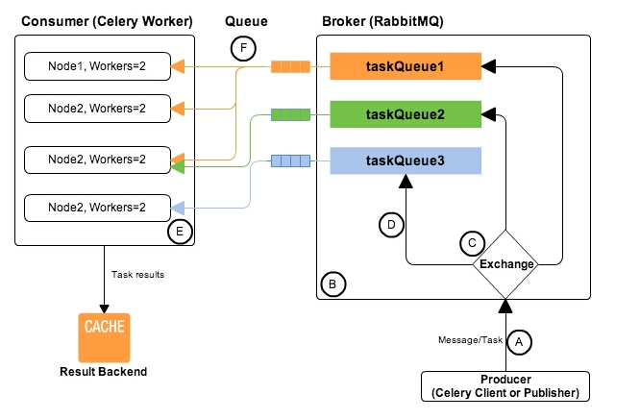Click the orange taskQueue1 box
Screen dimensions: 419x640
(406, 67)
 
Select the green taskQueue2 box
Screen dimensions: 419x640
(406, 114)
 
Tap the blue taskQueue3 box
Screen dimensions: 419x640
(406, 161)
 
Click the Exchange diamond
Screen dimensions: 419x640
(505, 263)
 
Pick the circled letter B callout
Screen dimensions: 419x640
(332, 284)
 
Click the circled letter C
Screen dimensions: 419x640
(471, 243)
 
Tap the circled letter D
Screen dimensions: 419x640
(390, 226)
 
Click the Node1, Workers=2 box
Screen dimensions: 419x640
(96, 67)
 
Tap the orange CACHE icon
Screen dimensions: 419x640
(104, 334)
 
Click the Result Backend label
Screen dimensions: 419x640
(104, 371)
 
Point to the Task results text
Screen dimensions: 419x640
(138, 274)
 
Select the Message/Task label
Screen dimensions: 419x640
(470, 340)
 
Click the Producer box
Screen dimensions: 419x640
(505, 385)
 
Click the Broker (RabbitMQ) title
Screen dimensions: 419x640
(393, 20)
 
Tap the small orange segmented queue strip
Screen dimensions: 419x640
(289, 67)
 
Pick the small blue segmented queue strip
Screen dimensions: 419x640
(289, 161)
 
